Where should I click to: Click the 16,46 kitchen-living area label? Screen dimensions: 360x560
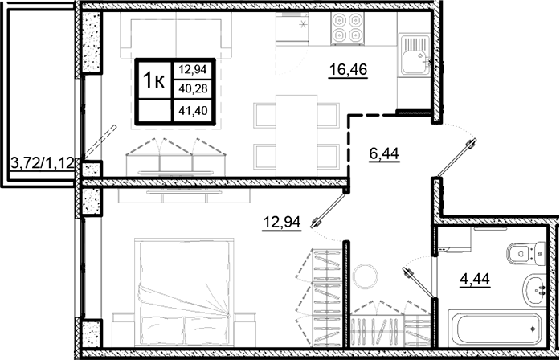348,70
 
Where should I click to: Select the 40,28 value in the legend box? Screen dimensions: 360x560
192,88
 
